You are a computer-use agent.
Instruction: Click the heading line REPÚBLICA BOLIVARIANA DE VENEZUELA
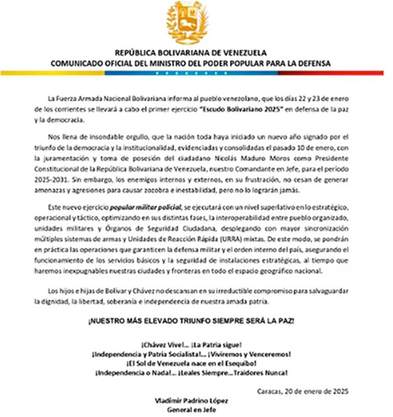tap(196, 54)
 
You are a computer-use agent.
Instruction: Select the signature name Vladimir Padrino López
tap(196, 401)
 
